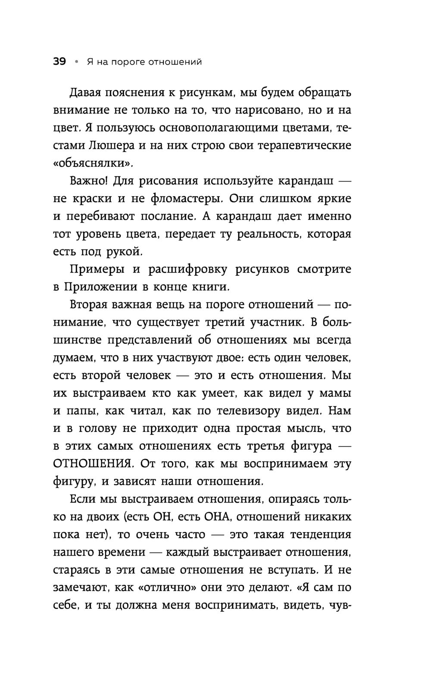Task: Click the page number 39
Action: click(x=59, y=62)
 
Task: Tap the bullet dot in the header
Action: click(x=76, y=62)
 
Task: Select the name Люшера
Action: click(x=111, y=145)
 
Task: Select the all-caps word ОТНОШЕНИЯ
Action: click(x=91, y=464)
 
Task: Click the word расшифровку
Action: click(x=188, y=269)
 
